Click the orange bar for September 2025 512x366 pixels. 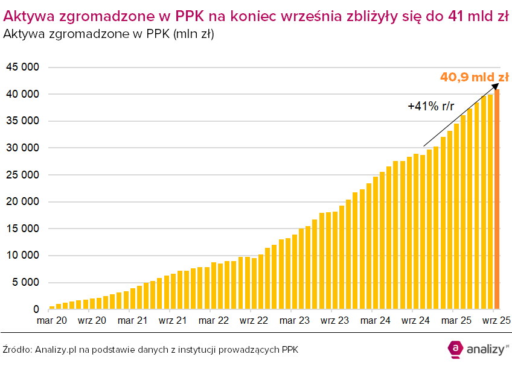pos(498,199)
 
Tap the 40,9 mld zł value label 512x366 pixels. pos(474,77)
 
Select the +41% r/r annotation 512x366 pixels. pos(431,106)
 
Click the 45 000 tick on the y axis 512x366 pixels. pos(22,68)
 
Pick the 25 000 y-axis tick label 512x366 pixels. pos(22,175)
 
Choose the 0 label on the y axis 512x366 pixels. pos(36,309)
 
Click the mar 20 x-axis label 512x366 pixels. pos(53,321)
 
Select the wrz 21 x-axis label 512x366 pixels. pos(174,321)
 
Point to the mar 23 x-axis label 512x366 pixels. pos(295,321)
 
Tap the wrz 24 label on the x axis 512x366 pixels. pos(417,321)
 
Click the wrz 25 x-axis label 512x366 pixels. pos(497,321)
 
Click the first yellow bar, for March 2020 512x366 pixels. pos(52,308)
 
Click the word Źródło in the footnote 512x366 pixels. pos(17,349)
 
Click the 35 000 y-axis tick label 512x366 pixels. pos(22,121)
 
